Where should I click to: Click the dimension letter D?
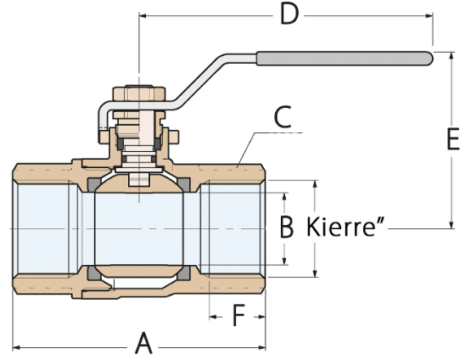pos(289,14)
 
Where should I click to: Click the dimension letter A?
pos(144,343)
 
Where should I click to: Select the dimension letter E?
pos(453,138)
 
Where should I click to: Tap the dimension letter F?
pos(238,316)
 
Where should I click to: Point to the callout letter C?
pos(283,117)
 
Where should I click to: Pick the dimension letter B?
pos(287,227)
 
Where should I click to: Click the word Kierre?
pos(341,227)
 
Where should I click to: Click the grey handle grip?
pos(344,59)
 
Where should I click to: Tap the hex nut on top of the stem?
pos(139,93)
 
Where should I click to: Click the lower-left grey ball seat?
pos(92,273)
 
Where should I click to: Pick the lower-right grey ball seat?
pos(184,273)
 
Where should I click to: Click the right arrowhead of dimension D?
pos(429,15)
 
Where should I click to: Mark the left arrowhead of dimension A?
pos(17,347)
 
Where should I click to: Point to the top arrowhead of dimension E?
pos(451,56)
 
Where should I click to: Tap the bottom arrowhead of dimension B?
pos(284,261)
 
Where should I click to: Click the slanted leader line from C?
pos(245,150)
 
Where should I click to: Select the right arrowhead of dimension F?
pos(261,317)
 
